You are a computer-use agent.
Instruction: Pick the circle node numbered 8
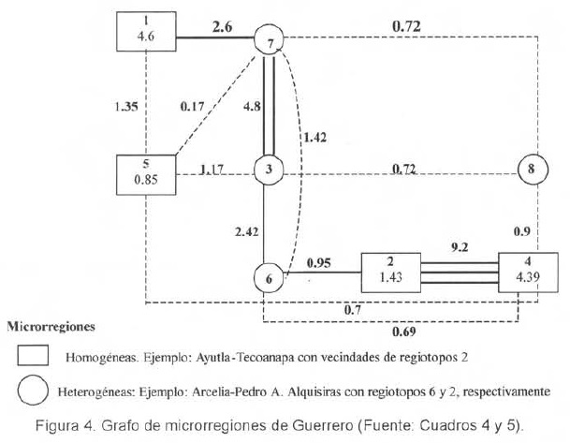(531, 170)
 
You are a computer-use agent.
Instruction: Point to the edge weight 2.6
(222, 27)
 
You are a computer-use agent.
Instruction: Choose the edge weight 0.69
(403, 332)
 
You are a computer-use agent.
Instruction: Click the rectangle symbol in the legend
(35, 356)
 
